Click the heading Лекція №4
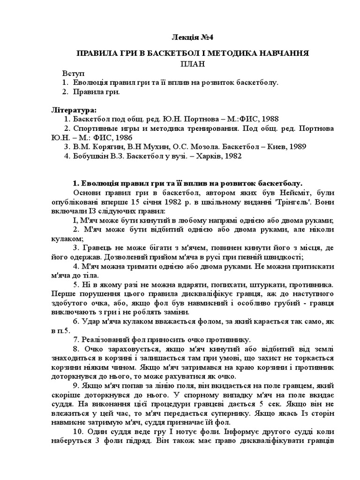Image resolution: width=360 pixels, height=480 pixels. coord(193,37)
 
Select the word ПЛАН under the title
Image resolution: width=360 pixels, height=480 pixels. coord(193,63)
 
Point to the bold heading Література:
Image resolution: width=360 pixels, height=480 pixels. coord(74,110)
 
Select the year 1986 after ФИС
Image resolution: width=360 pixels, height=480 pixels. coord(124,137)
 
